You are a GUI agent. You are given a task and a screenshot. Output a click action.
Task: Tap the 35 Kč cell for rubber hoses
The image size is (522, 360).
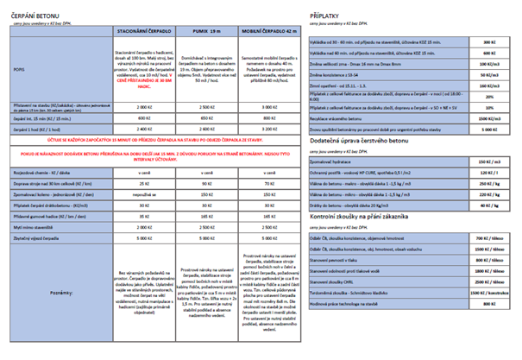(x=144, y=218)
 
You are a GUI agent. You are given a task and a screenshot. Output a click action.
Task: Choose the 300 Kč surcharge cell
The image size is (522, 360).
(x=488, y=41)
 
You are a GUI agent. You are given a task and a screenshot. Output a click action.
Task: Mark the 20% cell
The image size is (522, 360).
(x=488, y=97)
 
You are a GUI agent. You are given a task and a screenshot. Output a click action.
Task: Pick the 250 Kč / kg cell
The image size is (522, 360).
(x=488, y=185)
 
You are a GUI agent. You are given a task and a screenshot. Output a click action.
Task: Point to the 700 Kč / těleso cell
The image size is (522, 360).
(x=488, y=236)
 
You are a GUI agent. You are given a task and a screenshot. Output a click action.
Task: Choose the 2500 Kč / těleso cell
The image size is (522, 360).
(x=488, y=281)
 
